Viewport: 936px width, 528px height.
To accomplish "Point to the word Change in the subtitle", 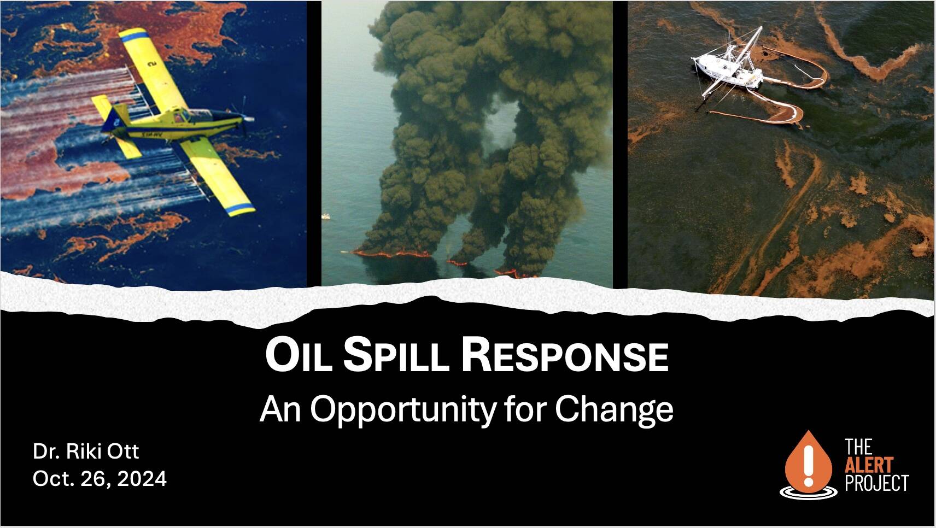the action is (x=615, y=410).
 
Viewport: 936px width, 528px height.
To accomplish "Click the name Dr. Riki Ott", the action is (x=86, y=451).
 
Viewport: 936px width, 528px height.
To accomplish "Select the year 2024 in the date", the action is (x=142, y=479).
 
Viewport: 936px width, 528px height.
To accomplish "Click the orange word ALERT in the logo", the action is (x=869, y=465).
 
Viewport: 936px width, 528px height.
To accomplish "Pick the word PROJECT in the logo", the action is (x=876, y=483).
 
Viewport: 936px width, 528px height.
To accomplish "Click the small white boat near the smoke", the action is (x=326, y=216).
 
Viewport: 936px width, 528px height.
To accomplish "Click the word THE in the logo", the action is (x=858, y=447).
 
